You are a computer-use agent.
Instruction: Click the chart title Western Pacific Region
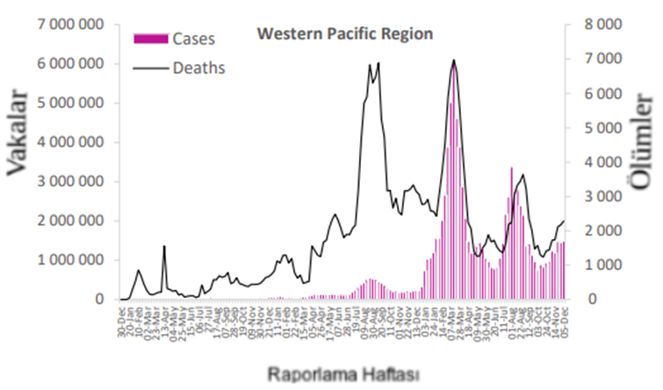point(344,34)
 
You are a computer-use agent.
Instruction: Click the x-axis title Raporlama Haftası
point(343,372)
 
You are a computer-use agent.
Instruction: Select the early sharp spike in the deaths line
point(164,248)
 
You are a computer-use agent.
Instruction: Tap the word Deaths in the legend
point(199,67)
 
